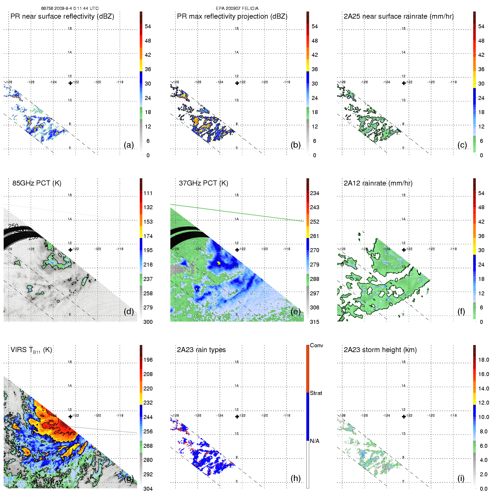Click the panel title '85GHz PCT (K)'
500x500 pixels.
37,183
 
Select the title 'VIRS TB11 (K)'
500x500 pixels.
31,350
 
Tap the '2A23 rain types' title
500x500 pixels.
201,350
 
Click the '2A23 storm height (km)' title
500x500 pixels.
380,350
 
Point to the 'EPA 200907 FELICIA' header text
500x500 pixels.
237,8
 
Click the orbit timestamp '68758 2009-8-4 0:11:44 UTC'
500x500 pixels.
70,8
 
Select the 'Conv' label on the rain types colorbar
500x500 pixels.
316,345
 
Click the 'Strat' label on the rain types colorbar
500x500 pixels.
316,393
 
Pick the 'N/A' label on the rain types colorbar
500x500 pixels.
315,441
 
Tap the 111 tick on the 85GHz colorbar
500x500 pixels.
148,193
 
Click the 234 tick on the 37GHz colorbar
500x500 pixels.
315,193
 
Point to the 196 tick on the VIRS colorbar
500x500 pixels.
148,360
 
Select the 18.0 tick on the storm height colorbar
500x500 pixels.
484,360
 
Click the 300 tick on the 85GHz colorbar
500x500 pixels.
148,322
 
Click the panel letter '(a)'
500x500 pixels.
129,145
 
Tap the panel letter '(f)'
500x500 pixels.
461,311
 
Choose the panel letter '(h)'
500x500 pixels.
296,478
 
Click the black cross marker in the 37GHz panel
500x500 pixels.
237,250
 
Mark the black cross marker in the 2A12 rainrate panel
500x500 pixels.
404,250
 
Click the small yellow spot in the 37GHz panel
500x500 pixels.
219,263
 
